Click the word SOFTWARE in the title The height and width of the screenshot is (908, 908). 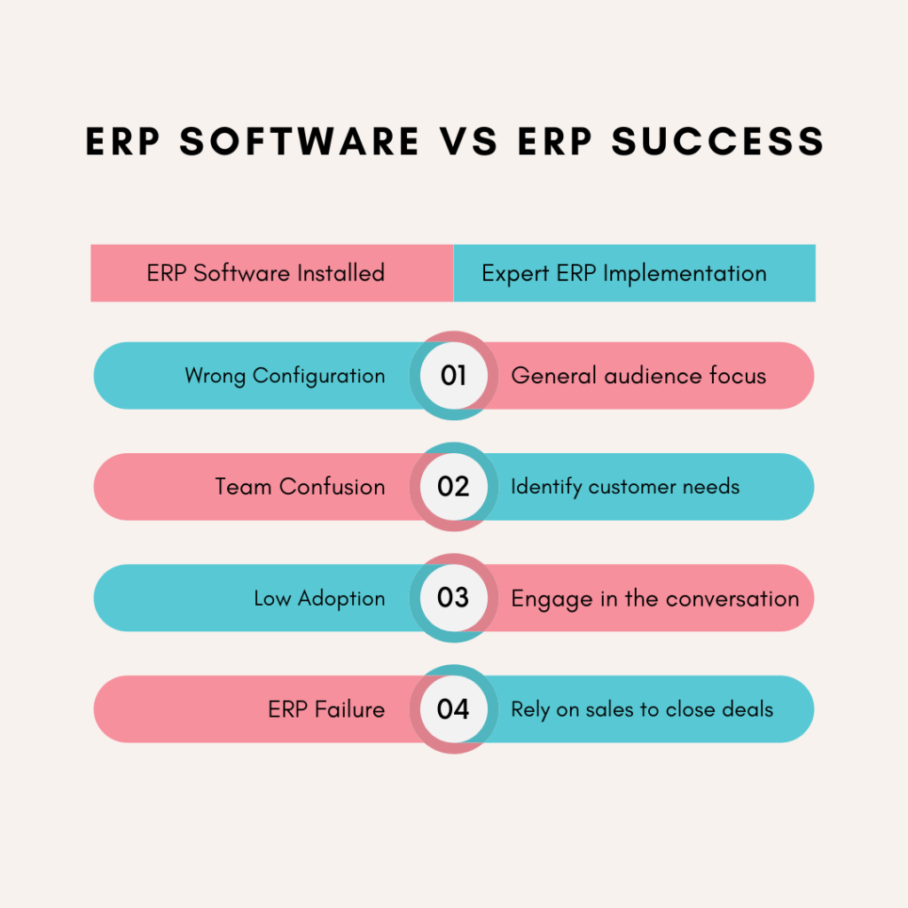point(300,142)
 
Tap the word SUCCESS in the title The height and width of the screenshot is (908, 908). point(718,142)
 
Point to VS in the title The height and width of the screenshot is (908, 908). point(468,142)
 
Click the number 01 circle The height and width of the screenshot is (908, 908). point(453,375)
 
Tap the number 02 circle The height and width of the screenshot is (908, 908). point(453,487)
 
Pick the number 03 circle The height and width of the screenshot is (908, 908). point(453,598)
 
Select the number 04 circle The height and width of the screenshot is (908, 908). point(453,708)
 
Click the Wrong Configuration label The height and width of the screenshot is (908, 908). point(285,376)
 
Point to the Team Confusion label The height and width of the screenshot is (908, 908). point(300,487)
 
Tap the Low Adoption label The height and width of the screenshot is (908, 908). point(319,599)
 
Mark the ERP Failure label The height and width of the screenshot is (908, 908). point(326,708)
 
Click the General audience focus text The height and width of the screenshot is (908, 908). point(638,376)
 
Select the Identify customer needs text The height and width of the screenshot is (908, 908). point(625,487)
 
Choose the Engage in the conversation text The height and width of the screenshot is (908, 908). point(655,599)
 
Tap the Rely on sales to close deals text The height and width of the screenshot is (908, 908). point(642,709)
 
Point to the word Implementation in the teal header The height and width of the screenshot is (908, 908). point(685,273)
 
